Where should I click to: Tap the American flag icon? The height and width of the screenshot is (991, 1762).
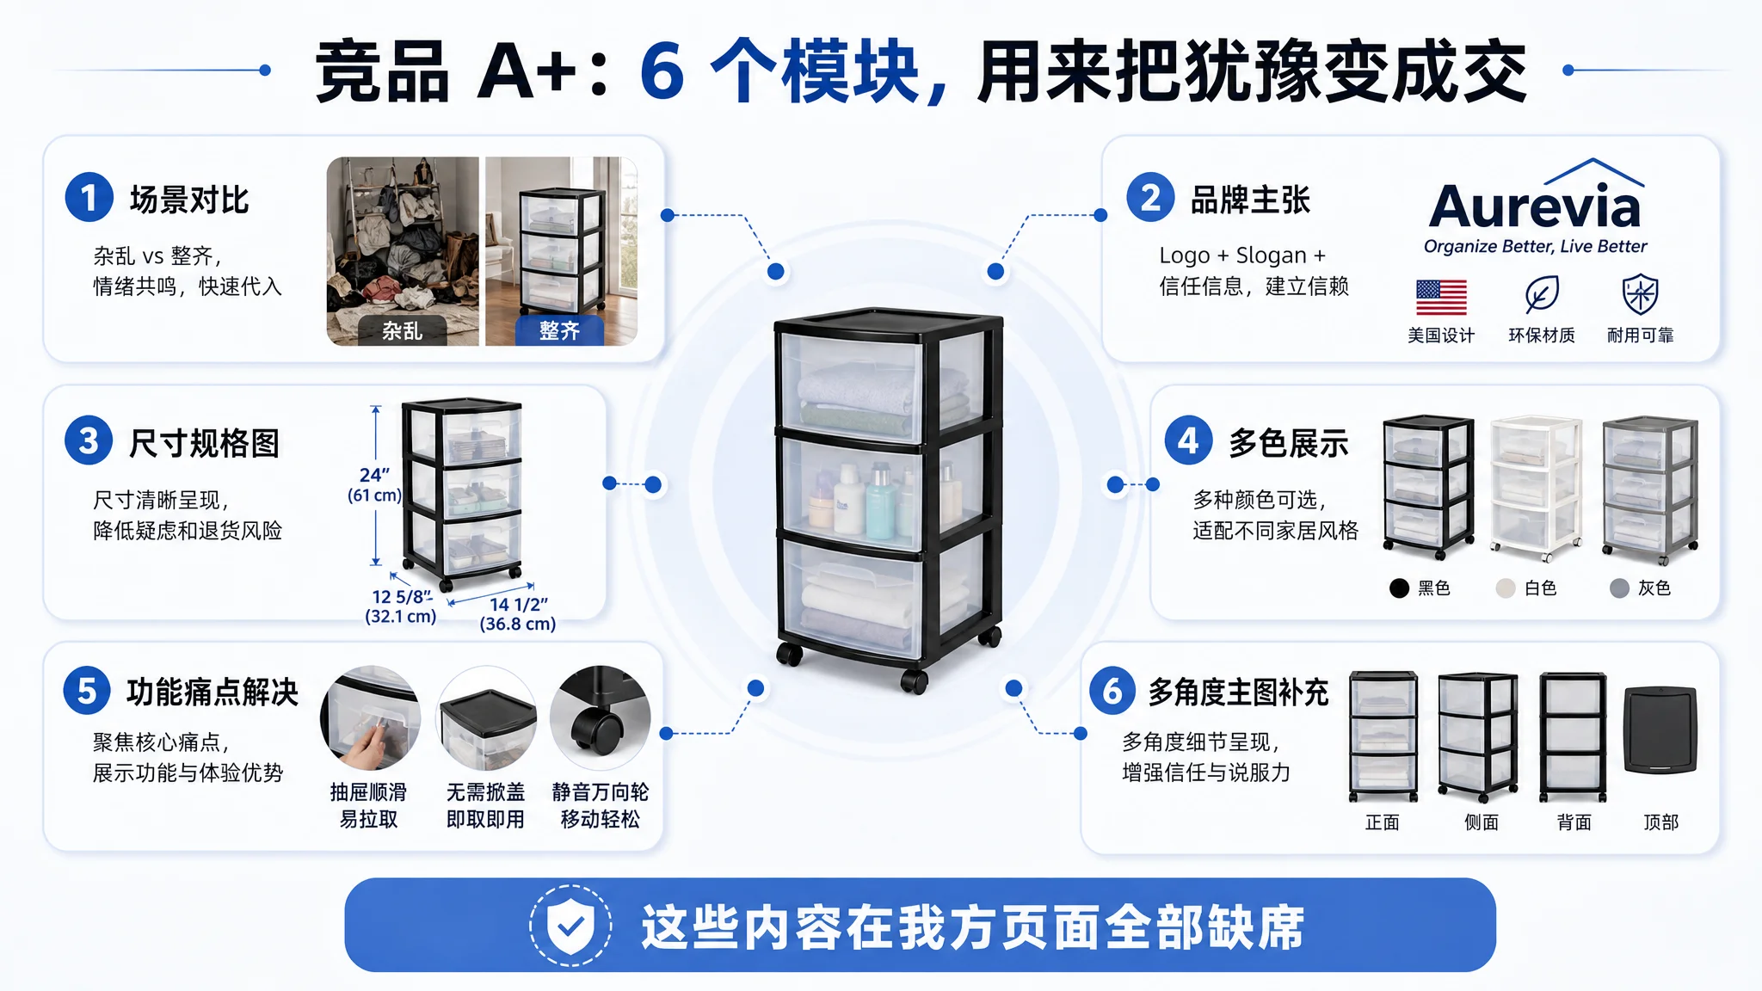tap(1441, 298)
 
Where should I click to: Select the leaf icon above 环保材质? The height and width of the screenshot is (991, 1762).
tap(1541, 294)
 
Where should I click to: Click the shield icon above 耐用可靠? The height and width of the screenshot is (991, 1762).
tap(1640, 294)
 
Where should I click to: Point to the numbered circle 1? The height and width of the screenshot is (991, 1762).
tap(89, 198)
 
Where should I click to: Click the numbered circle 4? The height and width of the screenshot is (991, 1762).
tap(1188, 441)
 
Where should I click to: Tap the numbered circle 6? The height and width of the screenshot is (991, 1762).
tap(1113, 691)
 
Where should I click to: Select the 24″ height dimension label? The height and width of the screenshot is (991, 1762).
tap(374, 475)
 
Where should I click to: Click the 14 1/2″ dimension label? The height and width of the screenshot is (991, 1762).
tap(519, 605)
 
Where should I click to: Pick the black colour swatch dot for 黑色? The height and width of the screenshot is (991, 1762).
tap(1399, 588)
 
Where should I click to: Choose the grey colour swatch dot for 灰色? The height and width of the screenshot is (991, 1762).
tap(1619, 588)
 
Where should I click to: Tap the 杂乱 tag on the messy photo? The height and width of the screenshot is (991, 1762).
tap(402, 331)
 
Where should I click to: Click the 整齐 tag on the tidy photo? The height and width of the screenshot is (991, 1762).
tap(559, 331)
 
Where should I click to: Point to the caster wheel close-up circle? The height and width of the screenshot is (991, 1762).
tap(600, 717)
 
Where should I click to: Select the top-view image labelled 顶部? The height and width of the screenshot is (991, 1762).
tap(1660, 730)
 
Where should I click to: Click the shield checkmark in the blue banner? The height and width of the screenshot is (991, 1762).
tap(570, 926)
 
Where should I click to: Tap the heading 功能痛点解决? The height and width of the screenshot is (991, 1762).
tap(213, 692)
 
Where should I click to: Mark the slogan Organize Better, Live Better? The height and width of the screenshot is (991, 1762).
tap(1535, 247)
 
